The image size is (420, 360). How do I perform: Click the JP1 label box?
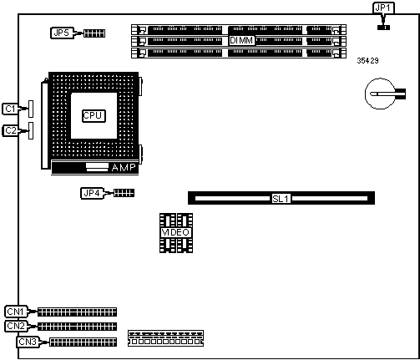point(383,8)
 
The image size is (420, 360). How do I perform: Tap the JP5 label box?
point(62,33)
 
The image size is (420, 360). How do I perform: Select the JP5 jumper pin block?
point(94,33)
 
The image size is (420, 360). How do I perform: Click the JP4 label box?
point(92,193)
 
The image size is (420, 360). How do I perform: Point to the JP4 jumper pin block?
point(124,193)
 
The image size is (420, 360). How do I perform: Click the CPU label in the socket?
point(94,116)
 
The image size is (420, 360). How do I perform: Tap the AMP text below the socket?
point(124,167)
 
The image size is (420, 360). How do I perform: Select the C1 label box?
point(11,109)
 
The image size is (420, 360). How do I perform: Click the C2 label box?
point(11,130)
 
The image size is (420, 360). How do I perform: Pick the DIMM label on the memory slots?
point(241,40)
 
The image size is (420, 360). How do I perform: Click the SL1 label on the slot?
point(281,199)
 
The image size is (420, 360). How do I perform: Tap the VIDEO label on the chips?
point(176,232)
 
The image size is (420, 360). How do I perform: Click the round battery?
point(381,94)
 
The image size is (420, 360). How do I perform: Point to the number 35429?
point(367,61)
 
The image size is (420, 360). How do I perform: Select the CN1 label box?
point(16,312)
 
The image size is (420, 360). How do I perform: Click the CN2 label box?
point(16,326)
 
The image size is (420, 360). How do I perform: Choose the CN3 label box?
point(28,342)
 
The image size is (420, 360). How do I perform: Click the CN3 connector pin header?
point(83,342)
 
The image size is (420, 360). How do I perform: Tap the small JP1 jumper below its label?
point(383,28)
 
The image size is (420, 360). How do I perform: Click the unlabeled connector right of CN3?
point(165,338)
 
